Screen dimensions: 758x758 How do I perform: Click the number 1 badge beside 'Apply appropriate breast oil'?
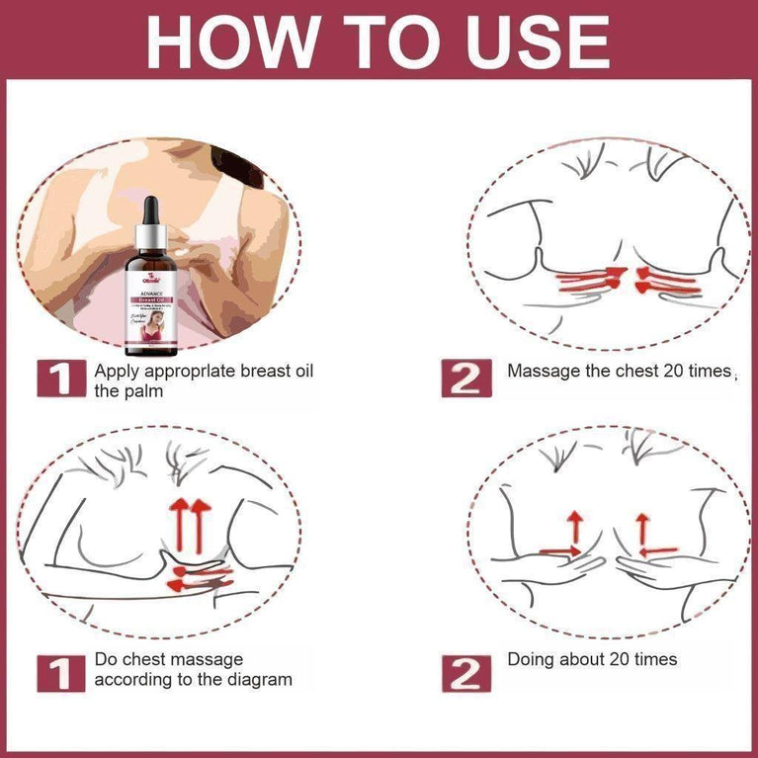(57, 379)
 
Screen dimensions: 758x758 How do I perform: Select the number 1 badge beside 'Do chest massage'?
(57, 671)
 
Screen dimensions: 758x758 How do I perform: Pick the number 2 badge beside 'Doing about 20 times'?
(464, 671)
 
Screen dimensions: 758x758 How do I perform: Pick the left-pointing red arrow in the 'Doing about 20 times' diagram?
(658, 549)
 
